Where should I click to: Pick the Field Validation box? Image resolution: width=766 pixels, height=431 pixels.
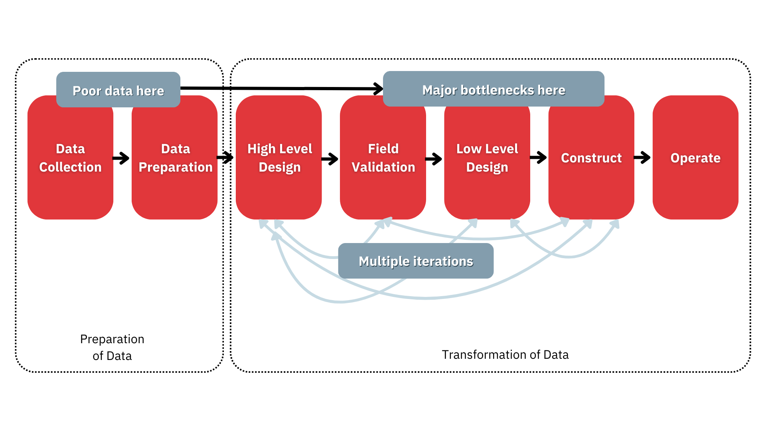[x=383, y=188]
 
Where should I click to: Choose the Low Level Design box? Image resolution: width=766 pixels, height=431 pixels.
[x=487, y=188]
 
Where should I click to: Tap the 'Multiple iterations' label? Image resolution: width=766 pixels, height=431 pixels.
[x=416, y=261]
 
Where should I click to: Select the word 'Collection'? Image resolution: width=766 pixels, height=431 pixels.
[x=70, y=167]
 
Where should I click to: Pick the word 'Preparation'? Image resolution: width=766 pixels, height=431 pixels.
[x=176, y=167]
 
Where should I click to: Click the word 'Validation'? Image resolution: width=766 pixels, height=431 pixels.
[x=383, y=167]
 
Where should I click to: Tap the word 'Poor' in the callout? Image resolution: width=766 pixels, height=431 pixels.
[x=87, y=91]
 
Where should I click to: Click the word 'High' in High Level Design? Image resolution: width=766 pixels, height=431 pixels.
[x=261, y=149]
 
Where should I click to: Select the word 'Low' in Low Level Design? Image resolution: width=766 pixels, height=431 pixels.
[x=468, y=149]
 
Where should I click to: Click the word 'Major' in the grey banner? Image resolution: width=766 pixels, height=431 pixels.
[x=439, y=91]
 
